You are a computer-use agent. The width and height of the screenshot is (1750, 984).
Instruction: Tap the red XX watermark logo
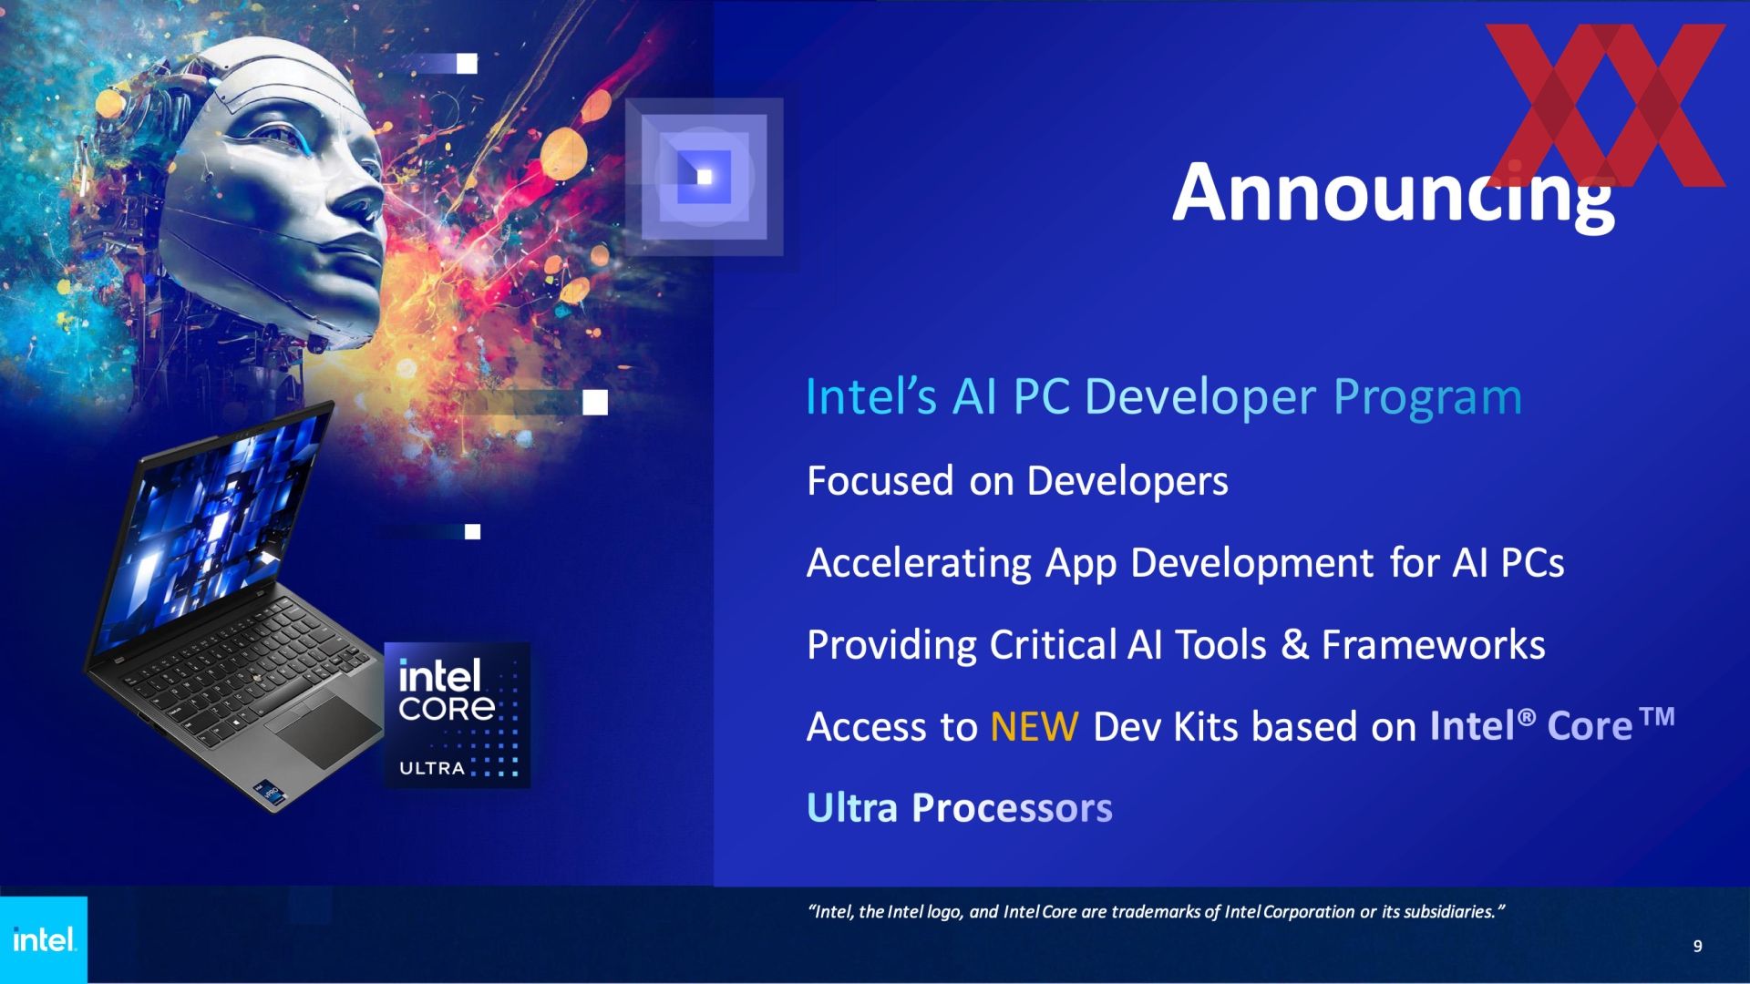pos(1606,105)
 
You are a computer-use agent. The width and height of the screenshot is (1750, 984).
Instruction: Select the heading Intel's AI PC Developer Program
pos(1164,396)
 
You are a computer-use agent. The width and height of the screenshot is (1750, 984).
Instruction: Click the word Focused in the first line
pos(880,480)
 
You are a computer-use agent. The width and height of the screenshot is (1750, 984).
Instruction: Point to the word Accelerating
pos(919,564)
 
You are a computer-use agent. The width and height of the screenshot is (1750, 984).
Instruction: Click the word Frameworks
pos(1434,644)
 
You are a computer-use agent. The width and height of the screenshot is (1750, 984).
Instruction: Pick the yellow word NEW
pos(1035,726)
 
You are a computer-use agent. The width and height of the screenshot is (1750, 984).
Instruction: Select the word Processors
pos(1012,808)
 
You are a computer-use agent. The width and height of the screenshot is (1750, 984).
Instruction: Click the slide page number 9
pos(1697,946)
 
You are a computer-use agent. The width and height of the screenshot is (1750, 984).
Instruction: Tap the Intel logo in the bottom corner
pos(44,939)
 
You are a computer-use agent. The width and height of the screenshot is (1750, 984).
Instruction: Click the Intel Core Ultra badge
pos(457,715)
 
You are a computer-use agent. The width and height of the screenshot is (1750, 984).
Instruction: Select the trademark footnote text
pos(1157,911)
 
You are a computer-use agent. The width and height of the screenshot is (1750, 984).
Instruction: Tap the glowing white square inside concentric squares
pos(705,176)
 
